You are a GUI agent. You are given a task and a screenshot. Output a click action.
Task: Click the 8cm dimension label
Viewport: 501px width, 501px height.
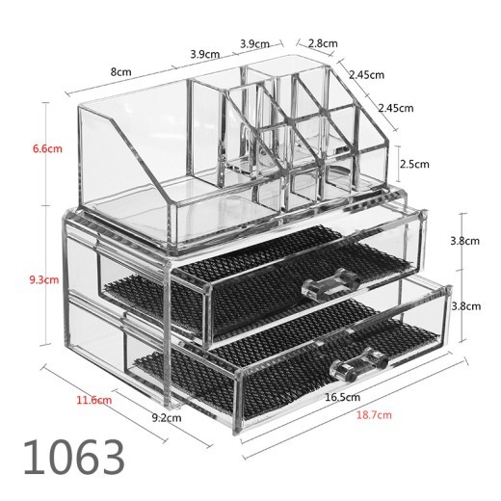tap(121, 70)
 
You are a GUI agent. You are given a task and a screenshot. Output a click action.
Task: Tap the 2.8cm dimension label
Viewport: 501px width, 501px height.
tap(324, 43)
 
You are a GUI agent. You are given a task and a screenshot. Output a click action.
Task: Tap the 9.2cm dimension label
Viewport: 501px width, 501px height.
tap(168, 418)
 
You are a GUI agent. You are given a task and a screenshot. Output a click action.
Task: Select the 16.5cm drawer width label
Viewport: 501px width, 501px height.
tap(343, 397)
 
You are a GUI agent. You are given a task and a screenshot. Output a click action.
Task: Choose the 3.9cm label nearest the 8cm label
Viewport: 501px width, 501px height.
tap(202, 53)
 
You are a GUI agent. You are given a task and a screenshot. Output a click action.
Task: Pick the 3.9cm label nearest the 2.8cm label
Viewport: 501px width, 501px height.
tap(256, 43)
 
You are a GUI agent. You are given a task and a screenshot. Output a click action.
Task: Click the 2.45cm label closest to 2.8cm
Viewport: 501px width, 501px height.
tap(367, 74)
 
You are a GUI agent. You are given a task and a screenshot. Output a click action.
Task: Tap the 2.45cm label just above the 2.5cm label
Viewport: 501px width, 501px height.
tap(395, 107)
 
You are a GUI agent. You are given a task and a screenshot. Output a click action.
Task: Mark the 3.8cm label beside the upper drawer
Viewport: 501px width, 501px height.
tap(464, 242)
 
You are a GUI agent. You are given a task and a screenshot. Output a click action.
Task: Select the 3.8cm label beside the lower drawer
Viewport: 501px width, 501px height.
tap(464, 305)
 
